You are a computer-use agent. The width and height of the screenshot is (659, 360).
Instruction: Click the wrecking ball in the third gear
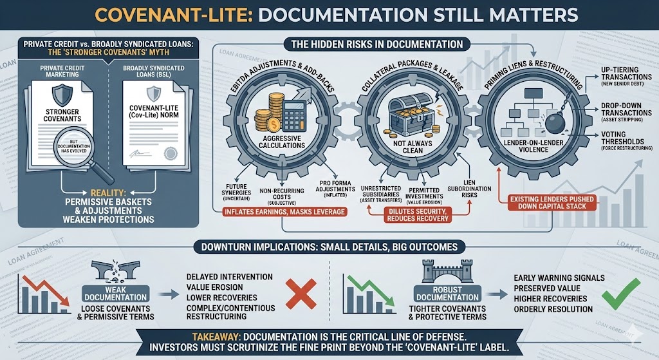pyautogui.click(x=550, y=122)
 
